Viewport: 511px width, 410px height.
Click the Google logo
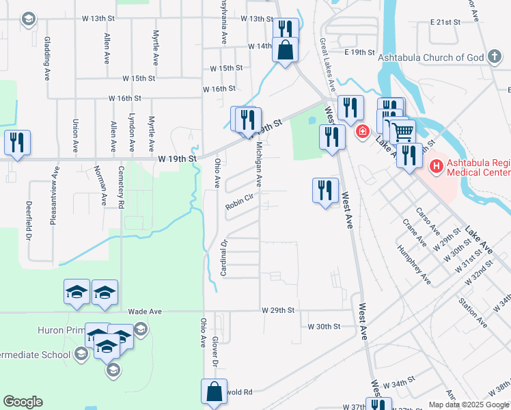(23, 402)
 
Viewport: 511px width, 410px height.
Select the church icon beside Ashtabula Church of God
(495, 57)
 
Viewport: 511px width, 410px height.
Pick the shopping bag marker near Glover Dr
(214, 392)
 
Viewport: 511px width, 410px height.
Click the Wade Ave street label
(145, 311)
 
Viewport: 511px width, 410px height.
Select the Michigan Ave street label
(259, 164)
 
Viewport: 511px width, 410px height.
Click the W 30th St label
(324, 327)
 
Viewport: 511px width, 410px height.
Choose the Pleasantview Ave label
(53, 203)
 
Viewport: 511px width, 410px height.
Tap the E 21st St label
(446, 23)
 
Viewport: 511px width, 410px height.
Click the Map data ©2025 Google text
(468, 405)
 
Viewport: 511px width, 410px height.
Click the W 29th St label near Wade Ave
(278, 310)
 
